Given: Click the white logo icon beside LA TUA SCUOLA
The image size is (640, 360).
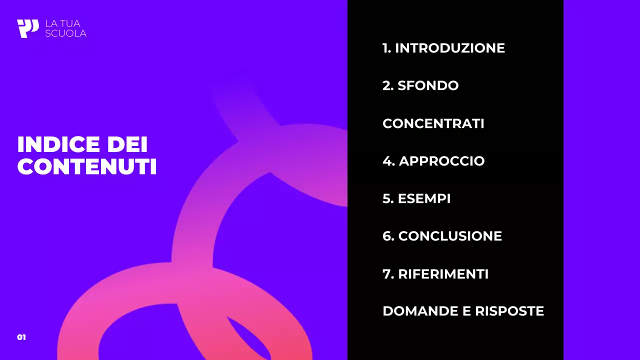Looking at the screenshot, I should click(27, 28).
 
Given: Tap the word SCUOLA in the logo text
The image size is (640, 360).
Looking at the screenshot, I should click(65, 33).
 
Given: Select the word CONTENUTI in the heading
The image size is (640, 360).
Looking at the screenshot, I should click(87, 167).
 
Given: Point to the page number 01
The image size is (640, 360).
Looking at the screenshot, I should click(21, 337).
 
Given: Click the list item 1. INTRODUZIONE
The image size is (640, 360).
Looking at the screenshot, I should click(443, 48).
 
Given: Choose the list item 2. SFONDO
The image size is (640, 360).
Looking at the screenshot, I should click(420, 85).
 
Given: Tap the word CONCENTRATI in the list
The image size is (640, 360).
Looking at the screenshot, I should click(433, 123).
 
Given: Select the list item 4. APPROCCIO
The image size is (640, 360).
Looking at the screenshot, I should click(433, 161).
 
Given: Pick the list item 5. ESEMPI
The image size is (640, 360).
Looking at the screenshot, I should click(416, 198).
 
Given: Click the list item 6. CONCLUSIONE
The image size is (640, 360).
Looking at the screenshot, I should click(442, 236).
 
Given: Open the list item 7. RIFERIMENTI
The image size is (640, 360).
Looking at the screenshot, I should click(435, 274).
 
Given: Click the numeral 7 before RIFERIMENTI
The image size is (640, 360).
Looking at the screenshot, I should click(385, 274).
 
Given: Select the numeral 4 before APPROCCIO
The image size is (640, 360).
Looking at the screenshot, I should click(386, 161).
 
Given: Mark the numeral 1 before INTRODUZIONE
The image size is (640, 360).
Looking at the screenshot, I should click(385, 48).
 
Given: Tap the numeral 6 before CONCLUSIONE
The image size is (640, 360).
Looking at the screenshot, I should click(386, 236).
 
